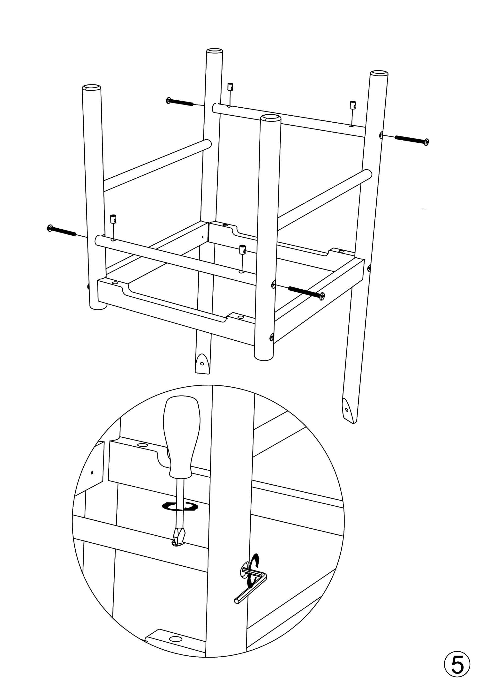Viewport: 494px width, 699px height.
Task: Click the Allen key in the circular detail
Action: point(250,588)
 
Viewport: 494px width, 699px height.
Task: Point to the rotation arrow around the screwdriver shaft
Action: point(180,507)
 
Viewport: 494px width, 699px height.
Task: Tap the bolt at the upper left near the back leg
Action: point(180,102)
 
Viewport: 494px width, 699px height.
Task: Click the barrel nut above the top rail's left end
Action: point(230,87)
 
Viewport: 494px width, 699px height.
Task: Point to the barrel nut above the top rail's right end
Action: point(353,105)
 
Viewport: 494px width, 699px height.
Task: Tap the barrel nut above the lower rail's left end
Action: point(113,219)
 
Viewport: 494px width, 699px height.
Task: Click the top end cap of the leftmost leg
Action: point(91,88)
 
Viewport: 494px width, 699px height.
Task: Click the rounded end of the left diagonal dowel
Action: point(208,144)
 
